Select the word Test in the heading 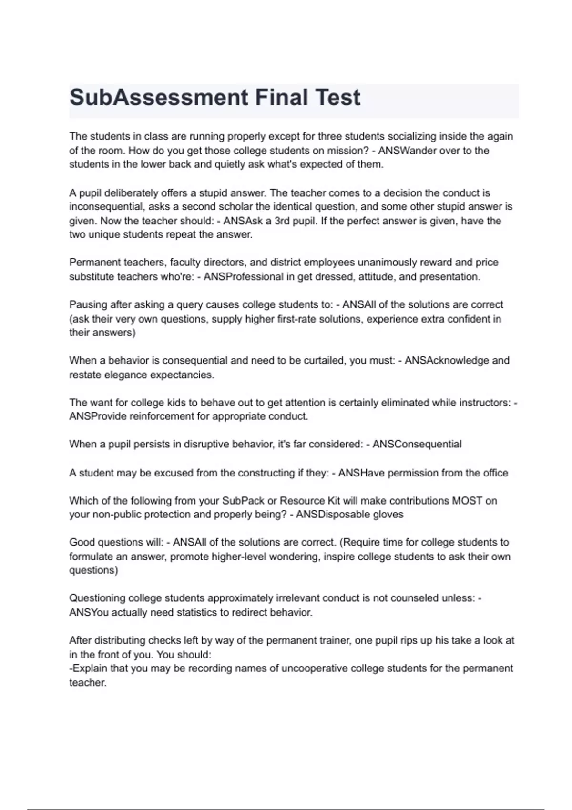pyautogui.click(x=337, y=98)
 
